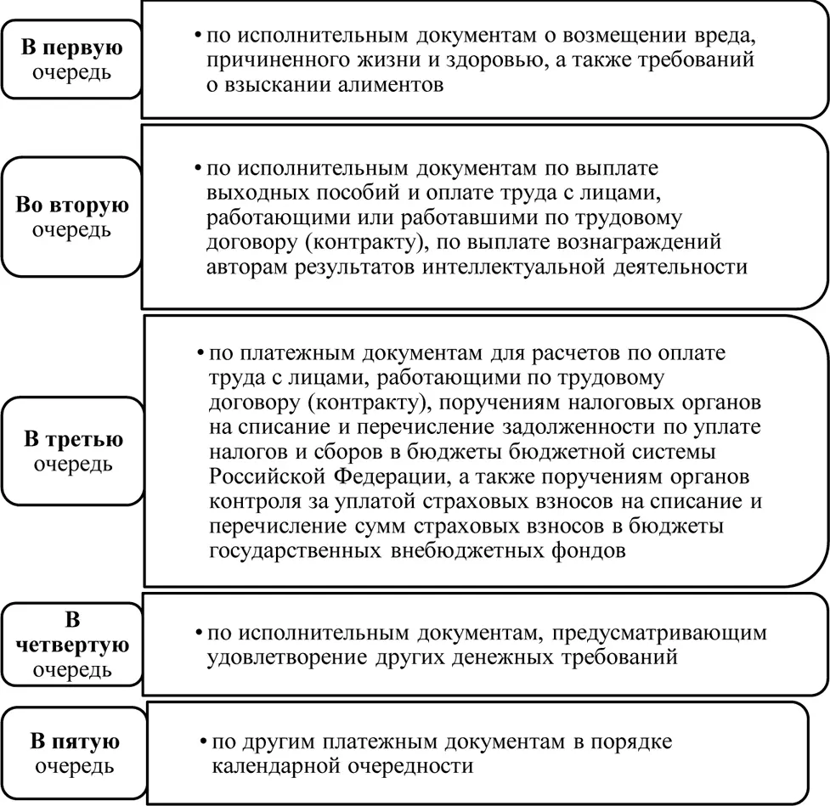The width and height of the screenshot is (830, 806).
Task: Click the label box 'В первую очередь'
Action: (71, 59)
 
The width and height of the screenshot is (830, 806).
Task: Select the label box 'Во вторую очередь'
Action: (71, 217)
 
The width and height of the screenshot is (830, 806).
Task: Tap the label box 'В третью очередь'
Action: (71, 451)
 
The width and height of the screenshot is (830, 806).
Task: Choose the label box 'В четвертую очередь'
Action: (71, 644)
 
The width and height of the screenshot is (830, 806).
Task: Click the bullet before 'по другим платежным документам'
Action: (204, 741)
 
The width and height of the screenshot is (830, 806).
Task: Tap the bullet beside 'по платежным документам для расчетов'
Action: (198, 352)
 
